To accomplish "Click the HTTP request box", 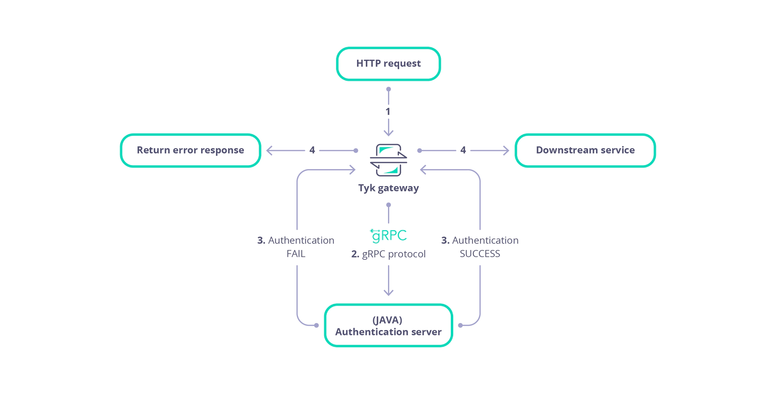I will pyautogui.click(x=388, y=64).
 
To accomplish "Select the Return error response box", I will pyautogui.click(x=191, y=150).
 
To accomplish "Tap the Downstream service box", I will pyautogui.click(x=585, y=150).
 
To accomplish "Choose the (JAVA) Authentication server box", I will pyautogui.click(x=388, y=325).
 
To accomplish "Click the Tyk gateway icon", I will pyautogui.click(x=388, y=160).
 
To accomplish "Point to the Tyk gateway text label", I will pyautogui.click(x=388, y=188).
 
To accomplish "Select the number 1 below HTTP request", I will pyautogui.click(x=388, y=112).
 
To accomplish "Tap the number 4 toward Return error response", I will pyautogui.click(x=312, y=150).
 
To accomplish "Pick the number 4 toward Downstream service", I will pyautogui.click(x=463, y=150).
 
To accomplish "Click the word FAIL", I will pyautogui.click(x=296, y=254).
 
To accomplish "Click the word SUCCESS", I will pyautogui.click(x=480, y=254).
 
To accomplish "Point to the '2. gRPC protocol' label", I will pyautogui.click(x=388, y=254).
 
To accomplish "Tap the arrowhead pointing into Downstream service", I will pyautogui.click(x=506, y=150).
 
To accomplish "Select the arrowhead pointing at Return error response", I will pyautogui.click(x=269, y=150).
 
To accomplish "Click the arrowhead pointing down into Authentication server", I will pyautogui.click(x=388, y=292).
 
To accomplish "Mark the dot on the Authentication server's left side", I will pyautogui.click(x=317, y=325).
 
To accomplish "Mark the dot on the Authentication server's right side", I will pyautogui.click(x=460, y=325).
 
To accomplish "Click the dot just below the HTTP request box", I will pyautogui.click(x=388, y=89).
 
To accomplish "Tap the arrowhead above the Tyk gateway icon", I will pyautogui.click(x=388, y=133).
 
